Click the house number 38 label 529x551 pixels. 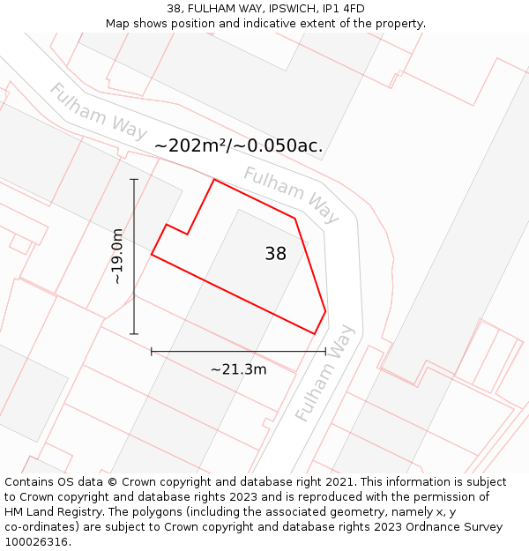[x=275, y=254]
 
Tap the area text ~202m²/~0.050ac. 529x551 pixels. [x=238, y=146]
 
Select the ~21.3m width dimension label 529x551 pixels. [x=238, y=369]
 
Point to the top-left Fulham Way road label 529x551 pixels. [x=97, y=111]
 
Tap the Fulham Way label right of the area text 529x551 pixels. [x=291, y=194]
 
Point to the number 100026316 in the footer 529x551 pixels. [x=36, y=542]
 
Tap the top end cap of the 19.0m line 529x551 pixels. [x=134, y=180]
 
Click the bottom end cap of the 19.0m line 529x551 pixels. [x=134, y=334]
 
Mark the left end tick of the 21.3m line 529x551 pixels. [x=152, y=351]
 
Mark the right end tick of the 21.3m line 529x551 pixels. [x=325, y=351]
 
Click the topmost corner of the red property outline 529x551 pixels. [x=214, y=179]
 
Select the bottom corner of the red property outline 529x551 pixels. [x=315, y=334]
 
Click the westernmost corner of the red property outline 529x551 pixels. [x=152, y=255]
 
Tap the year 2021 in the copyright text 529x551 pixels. [x=339, y=482]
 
